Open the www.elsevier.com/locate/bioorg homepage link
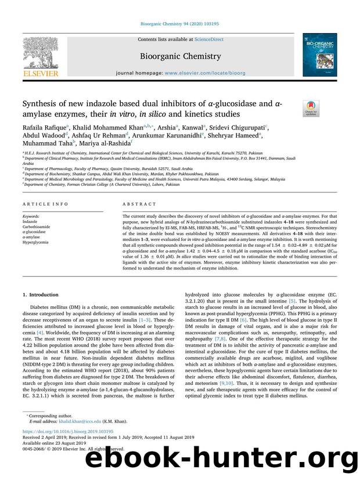pyautogui.click(x=213, y=75)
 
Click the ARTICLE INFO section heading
pyautogui.click(x=39, y=204)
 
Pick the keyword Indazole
pyautogui.click(x=31, y=221)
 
